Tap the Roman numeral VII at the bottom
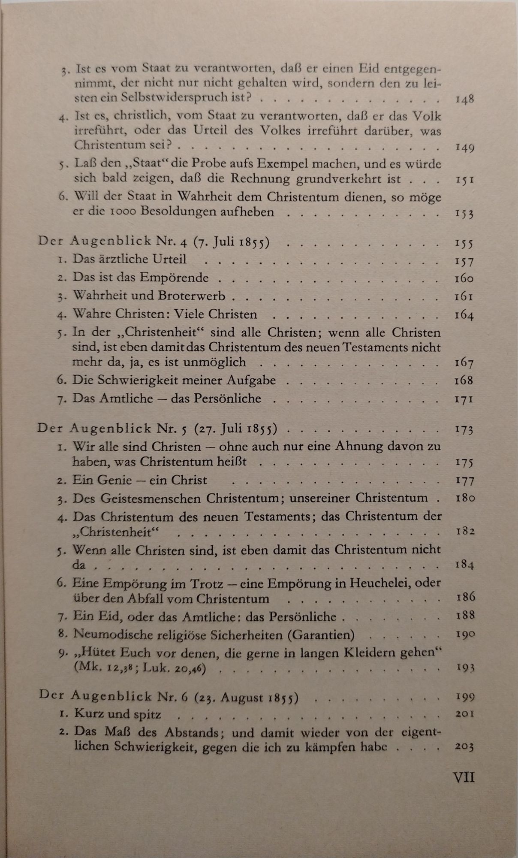click(x=464, y=777)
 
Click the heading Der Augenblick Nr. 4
click(x=113, y=243)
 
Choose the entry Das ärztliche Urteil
click(x=129, y=260)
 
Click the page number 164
click(x=464, y=315)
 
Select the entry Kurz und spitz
click(x=118, y=714)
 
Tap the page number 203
click(x=464, y=747)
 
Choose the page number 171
click(x=464, y=399)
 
